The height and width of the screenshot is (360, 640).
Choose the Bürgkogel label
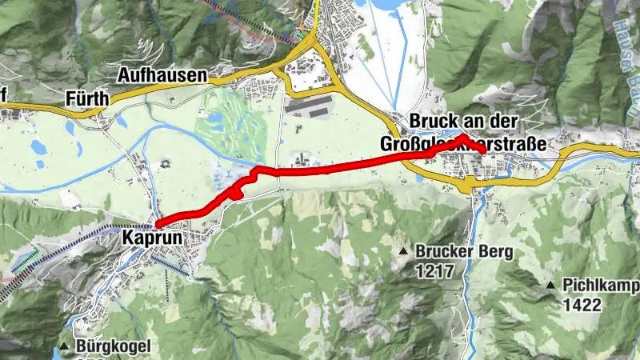[x=114, y=346]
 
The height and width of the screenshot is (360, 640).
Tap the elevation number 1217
[x=434, y=271]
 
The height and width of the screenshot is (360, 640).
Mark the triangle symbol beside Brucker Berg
[x=405, y=253]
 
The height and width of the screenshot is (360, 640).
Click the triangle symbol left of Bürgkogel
[x=64, y=346]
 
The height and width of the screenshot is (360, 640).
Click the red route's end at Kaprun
[x=158, y=223]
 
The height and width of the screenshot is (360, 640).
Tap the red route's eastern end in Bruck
[x=483, y=150]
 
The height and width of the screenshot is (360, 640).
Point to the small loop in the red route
[x=234, y=192]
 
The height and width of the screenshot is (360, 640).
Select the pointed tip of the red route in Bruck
[x=463, y=138]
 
